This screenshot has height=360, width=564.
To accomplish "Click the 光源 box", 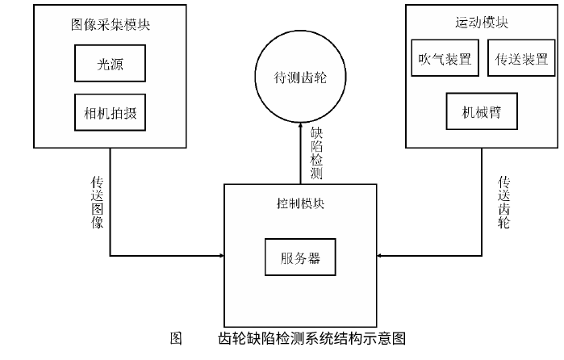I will click(110, 62).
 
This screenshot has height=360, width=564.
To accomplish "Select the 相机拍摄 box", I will click(110, 113).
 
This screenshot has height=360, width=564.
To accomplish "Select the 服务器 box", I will click(300, 258).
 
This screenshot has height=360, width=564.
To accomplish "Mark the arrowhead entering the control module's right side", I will click(380, 257).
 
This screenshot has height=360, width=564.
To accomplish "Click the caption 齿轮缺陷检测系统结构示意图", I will click(311, 338).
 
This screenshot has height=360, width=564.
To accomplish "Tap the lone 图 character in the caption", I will click(175, 338).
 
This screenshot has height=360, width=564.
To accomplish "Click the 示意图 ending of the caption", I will click(386, 338).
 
